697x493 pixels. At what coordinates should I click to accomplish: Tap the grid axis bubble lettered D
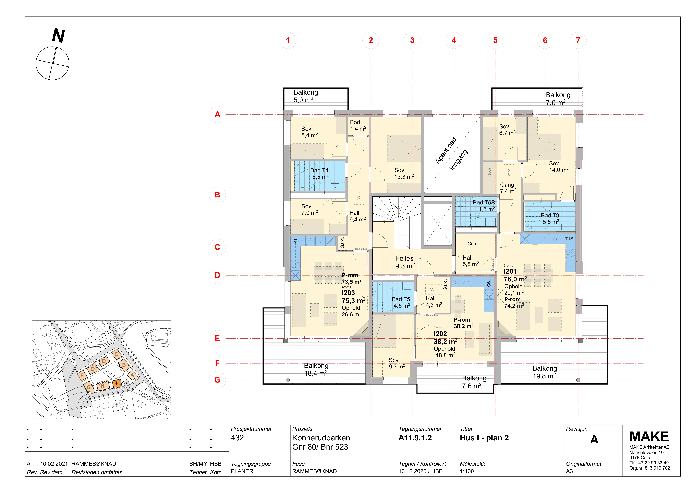coord(217,275)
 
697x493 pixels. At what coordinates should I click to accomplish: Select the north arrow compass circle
coord(53,63)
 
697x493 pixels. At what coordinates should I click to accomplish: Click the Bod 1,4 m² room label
coord(358,125)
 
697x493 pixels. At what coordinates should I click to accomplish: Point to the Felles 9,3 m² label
coord(405,262)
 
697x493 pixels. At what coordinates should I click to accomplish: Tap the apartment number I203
coord(348,293)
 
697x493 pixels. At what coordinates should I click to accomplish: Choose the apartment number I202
coord(440,334)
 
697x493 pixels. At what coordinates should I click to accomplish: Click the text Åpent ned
coord(446,151)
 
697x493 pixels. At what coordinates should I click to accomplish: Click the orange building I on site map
coord(117,384)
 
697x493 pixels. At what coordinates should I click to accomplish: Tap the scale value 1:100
coord(467,471)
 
